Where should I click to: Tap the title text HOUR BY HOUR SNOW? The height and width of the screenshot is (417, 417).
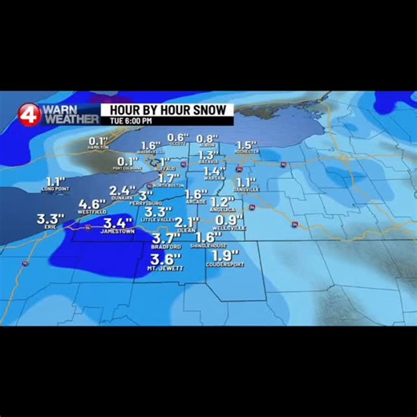click(167, 109)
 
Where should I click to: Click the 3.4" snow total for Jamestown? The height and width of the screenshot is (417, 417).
click(118, 222)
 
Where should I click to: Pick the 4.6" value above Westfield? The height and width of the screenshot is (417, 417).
click(93, 204)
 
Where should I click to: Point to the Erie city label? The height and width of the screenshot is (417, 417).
click(50, 226)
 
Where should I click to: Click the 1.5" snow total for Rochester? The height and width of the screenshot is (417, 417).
click(245, 144)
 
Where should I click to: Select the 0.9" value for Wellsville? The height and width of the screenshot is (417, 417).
click(229, 220)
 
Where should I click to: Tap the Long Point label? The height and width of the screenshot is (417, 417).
click(55, 189)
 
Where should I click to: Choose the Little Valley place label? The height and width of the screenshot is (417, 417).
click(156, 220)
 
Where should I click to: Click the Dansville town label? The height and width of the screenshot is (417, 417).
click(246, 190)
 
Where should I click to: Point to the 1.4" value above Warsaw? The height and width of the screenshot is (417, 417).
click(214, 171)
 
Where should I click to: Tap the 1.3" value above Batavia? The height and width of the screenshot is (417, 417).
click(208, 155)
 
